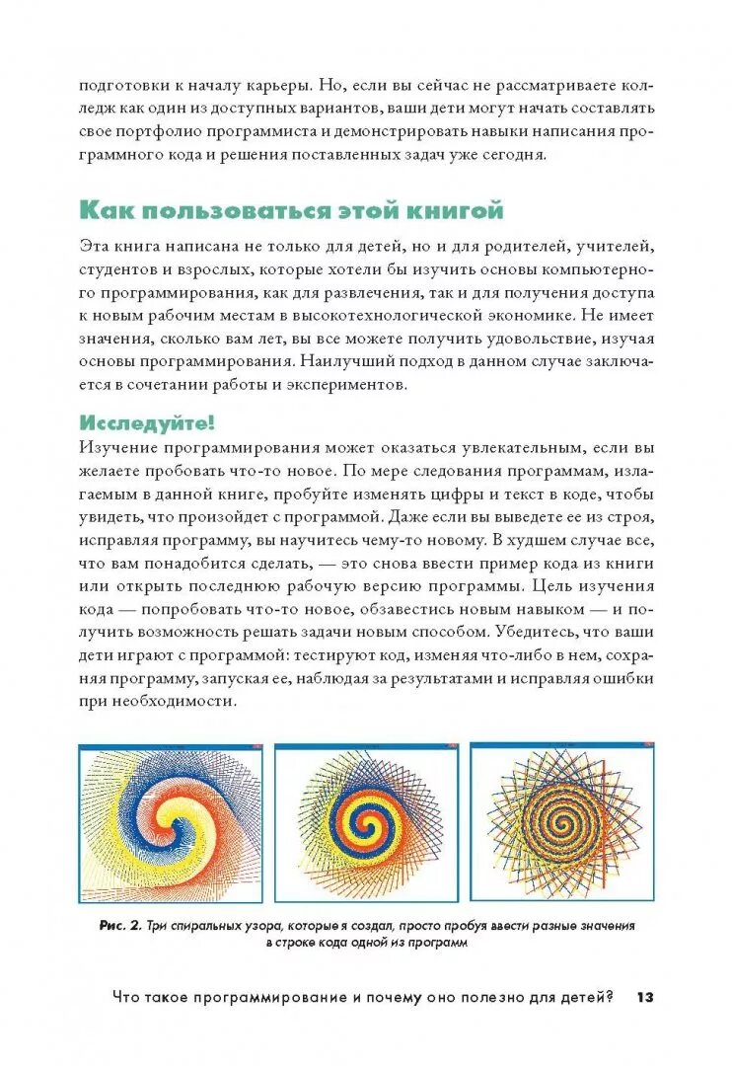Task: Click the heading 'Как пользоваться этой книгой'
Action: [291, 210]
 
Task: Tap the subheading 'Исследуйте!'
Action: [147, 422]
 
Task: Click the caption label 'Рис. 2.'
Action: [120, 926]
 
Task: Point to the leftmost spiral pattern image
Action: [171, 822]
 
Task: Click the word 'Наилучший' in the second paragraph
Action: [349, 362]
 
